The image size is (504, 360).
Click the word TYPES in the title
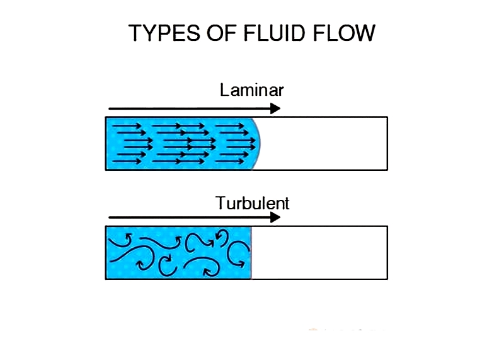(x=164, y=33)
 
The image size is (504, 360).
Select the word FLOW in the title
(x=344, y=33)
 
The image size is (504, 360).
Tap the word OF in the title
(x=222, y=33)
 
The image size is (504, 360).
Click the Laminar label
(x=251, y=90)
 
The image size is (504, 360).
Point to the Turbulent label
(x=253, y=203)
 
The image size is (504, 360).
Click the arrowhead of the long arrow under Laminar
(x=275, y=108)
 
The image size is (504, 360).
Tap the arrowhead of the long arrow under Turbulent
(x=275, y=218)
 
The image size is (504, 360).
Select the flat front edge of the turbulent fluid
(x=251, y=253)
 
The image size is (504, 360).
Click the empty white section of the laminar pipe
(x=324, y=144)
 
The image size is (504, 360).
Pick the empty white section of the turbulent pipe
(x=319, y=253)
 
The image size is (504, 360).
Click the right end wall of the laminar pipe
(x=387, y=144)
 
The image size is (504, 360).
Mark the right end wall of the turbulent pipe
(x=387, y=253)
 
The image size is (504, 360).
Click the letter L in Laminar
(x=224, y=90)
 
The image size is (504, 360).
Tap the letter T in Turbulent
(x=222, y=202)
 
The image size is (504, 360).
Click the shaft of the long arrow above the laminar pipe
(x=190, y=108)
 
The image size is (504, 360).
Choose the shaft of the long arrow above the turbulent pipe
(x=190, y=218)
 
